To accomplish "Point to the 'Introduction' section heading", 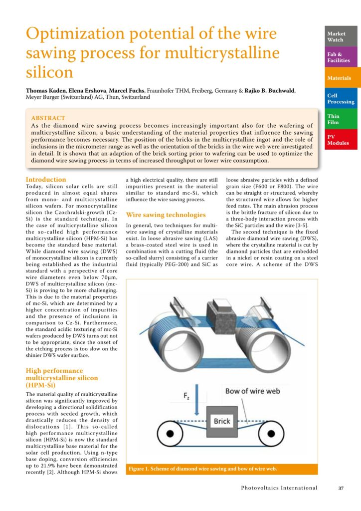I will (x=46, y=180).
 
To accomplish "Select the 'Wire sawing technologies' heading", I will (x=166, y=215).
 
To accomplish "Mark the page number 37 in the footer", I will (x=341, y=488).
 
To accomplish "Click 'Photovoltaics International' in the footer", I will (x=279, y=488).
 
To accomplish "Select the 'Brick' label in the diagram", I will (x=222, y=421).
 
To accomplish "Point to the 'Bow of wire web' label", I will (x=253, y=391).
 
